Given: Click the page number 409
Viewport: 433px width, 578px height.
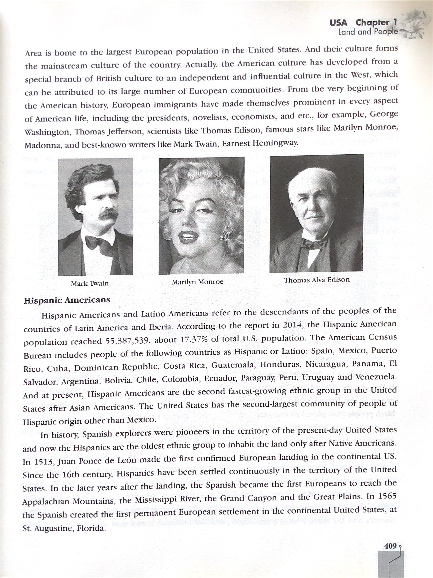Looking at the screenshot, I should [x=390, y=546].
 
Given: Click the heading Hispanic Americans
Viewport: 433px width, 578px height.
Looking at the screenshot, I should [x=67, y=300].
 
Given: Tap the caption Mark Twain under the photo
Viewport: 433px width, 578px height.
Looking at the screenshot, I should [x=90, y=283].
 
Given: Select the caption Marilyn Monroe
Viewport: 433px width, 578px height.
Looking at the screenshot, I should [x=198, y=282].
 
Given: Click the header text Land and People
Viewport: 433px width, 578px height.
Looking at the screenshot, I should [x=368, y=32].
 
